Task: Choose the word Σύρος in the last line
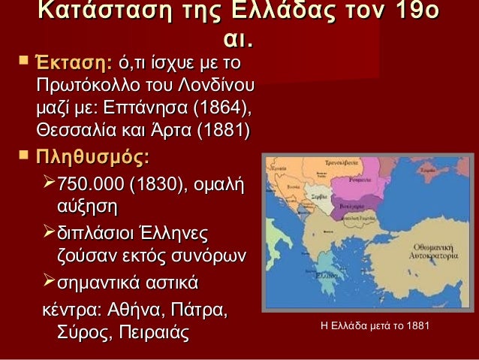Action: (x=80, y=332)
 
